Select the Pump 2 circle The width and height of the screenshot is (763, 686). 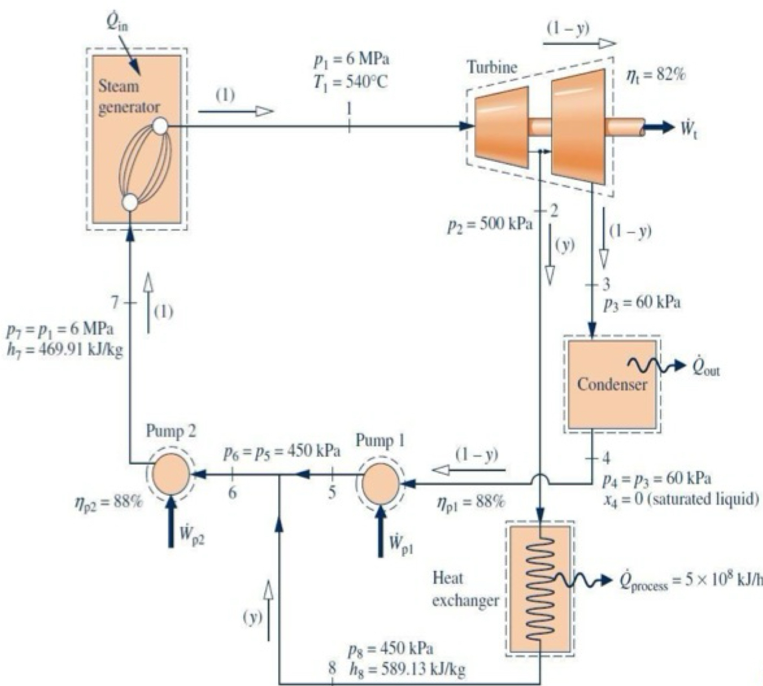(171, 474)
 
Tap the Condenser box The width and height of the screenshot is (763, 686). (612, 384)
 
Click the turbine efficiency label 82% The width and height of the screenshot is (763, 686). (656, 75)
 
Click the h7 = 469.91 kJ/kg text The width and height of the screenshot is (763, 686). (65, 350)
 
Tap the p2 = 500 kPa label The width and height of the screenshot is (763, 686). (490, 225)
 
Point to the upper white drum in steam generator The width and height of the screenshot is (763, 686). (160, 126)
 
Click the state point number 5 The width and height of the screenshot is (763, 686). (332, 493)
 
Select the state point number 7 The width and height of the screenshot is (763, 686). (115, 303)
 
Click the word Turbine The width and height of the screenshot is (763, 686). (492, 68)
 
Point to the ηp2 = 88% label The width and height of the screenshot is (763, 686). (108, 503)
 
